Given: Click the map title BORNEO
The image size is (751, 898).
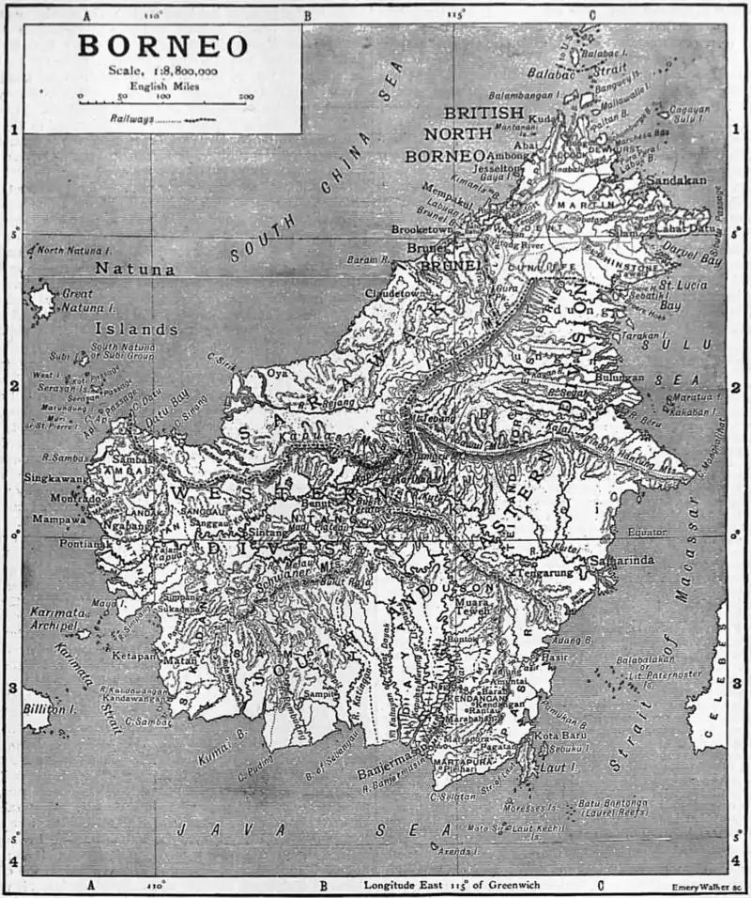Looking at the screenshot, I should click(x=162, y=46).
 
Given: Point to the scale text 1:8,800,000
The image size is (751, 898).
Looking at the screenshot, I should click(x=162, y=70).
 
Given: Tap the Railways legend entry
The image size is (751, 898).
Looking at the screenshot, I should click(x=130, y=120).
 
